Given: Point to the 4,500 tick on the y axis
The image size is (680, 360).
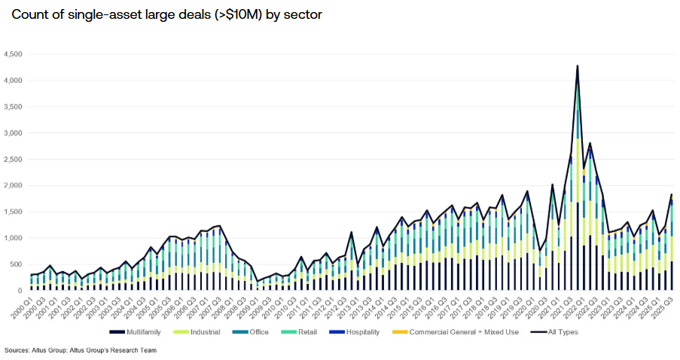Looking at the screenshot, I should (15, 54).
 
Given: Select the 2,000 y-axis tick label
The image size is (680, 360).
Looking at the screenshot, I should (15, 185).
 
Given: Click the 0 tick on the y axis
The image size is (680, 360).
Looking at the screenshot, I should (23, 291).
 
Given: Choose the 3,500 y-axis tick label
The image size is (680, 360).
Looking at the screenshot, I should (15, 107).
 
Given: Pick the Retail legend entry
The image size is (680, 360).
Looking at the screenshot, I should (313, 331).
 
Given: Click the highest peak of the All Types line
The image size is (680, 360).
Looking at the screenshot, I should (578, 66).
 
